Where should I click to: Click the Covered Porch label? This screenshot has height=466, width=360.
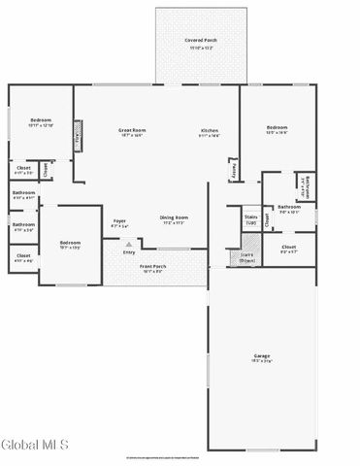(x=200, y=41)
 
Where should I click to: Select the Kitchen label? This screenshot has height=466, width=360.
(x=210, y=130)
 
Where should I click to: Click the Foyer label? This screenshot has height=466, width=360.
(x=119, y=220)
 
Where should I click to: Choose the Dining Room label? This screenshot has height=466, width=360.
(x=174, y=217)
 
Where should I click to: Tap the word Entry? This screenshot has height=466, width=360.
(x=128, y=252)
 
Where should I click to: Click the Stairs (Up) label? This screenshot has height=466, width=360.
(x=250, y=219)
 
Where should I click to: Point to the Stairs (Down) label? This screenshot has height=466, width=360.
(x=246, y=257)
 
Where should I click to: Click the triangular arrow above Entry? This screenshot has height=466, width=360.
(x=128, y=244)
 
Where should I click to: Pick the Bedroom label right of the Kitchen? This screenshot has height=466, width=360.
(x=278, y=127)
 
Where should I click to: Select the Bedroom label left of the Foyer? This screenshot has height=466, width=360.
(x=70, y=242)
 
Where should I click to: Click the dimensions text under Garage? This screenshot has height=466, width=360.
(x=262, y=361)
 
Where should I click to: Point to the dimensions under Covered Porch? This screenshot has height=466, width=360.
(x=200, y=47)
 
